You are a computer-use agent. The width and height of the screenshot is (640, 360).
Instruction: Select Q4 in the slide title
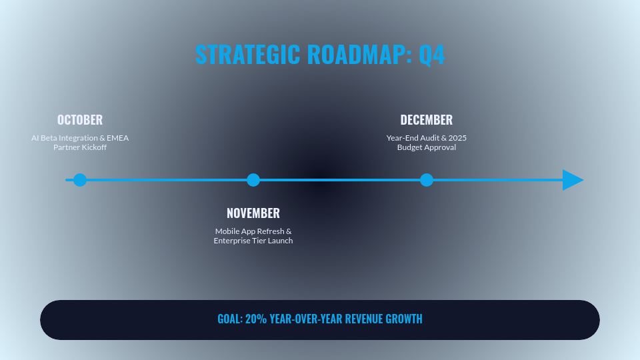click(431, 55)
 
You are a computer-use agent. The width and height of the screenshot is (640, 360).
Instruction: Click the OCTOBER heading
click(80, 120)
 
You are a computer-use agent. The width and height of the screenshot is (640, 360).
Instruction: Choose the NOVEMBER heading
click(253, 213)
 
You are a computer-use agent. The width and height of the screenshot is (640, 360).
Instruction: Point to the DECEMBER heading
click(427, 120)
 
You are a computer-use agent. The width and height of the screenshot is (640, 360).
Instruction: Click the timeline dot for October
click(80, 180)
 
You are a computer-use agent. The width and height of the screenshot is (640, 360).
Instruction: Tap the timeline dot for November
click(253, 180)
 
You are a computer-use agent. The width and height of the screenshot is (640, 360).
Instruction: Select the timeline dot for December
click(427, 180)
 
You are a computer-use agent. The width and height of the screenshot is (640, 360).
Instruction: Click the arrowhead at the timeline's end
click(572, 180)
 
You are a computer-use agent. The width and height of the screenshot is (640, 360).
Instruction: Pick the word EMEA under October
click(117, 138)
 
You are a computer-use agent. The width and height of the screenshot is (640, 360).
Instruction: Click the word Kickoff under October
click(94, 147)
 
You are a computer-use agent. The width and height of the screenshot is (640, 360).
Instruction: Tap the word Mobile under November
click(227, 231)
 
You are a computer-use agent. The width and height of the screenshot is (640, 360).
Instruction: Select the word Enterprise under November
click(231, 241)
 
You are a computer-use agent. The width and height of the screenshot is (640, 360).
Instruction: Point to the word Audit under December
click(430, 138)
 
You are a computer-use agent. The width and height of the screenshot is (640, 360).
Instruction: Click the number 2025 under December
click(457, 138)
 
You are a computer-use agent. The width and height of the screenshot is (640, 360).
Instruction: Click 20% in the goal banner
click(255, 319)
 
